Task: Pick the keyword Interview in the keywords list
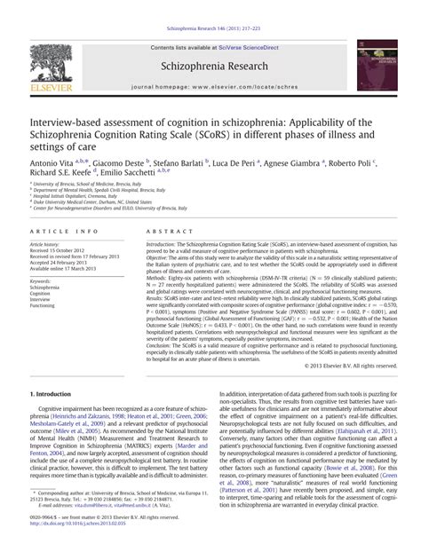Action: [44, 304]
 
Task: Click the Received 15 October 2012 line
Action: [65, 249]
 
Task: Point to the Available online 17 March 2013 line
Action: [68, 271]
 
